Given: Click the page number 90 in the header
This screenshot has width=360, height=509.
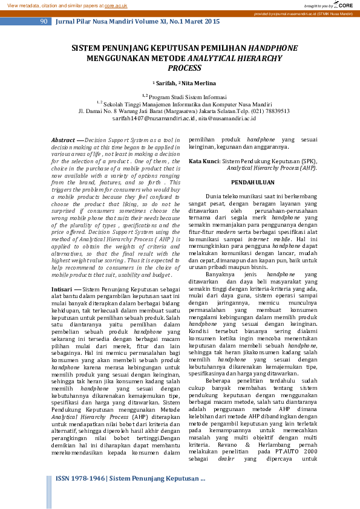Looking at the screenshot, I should coord(44,21).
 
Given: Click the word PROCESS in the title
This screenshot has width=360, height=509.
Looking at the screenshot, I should coord(184,68).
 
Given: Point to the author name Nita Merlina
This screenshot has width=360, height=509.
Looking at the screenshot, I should coord(194,82).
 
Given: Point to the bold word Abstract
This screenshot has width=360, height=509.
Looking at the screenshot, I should coord(62,139).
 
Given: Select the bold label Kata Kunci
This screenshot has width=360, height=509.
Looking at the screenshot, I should coord(204,161).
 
